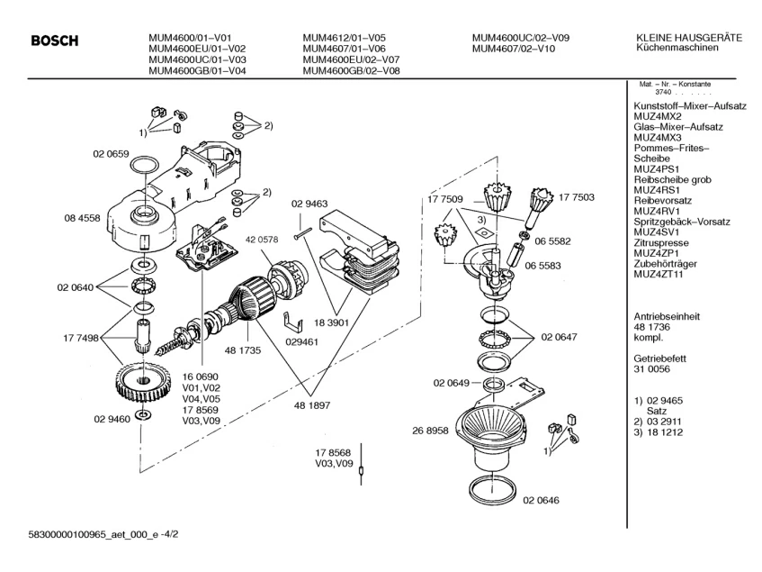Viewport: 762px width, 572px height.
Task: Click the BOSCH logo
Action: tap(55, 41)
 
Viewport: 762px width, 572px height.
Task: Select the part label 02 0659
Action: tap(111, 154)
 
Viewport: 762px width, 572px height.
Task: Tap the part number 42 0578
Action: tap(261, 241)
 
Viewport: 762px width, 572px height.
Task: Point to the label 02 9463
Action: tap(309, 204)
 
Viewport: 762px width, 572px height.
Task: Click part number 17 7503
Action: tap(577, 196)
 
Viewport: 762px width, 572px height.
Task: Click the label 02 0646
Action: tap(540, 499)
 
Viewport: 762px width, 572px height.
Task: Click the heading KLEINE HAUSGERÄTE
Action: tap(688, 37)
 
